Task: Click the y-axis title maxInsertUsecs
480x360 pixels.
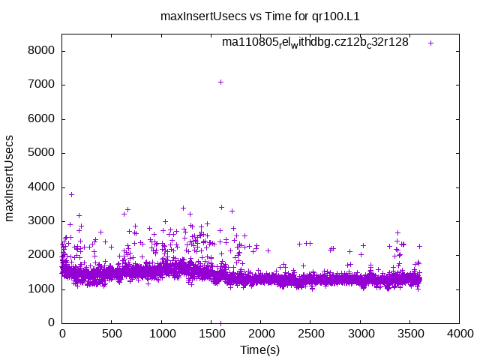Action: (10, 178)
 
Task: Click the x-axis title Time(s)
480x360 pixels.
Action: (259, 350)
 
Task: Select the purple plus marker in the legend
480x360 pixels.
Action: (430, 43)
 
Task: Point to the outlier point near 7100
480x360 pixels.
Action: (220, 82)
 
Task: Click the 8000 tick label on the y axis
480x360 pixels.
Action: (42, 51)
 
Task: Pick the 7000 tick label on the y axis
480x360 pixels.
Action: (42, 85)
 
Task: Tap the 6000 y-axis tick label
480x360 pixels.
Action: (42, 119)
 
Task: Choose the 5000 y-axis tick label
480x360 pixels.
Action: (42, 153)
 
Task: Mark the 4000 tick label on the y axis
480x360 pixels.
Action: (42, 187)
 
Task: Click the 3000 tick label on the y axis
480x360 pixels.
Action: (42, 221)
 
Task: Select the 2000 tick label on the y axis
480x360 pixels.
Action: (42, 255)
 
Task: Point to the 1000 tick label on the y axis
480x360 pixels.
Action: (42, 289)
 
